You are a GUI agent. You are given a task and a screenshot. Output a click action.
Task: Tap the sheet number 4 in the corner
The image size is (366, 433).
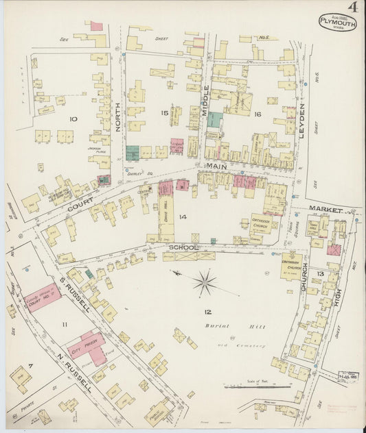click(x=353, y=8)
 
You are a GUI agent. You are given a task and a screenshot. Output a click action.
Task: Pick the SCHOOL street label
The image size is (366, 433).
click(x=184, y=247)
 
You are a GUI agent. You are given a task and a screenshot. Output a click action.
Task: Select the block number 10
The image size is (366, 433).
click(x=73, y=120)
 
